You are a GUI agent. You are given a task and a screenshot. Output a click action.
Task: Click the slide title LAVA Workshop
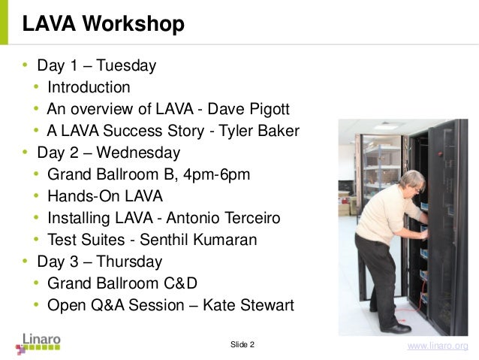pos(103,24)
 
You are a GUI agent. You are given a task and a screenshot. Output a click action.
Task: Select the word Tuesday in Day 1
pos(125,65)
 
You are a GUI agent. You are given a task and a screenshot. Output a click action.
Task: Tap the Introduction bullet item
pos(89,87)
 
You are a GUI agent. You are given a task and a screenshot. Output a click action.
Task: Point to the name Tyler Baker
pos(259,132)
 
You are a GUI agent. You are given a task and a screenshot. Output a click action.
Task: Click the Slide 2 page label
pos(242,344)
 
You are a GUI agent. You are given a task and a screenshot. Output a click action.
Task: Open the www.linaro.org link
pos(437,346)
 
